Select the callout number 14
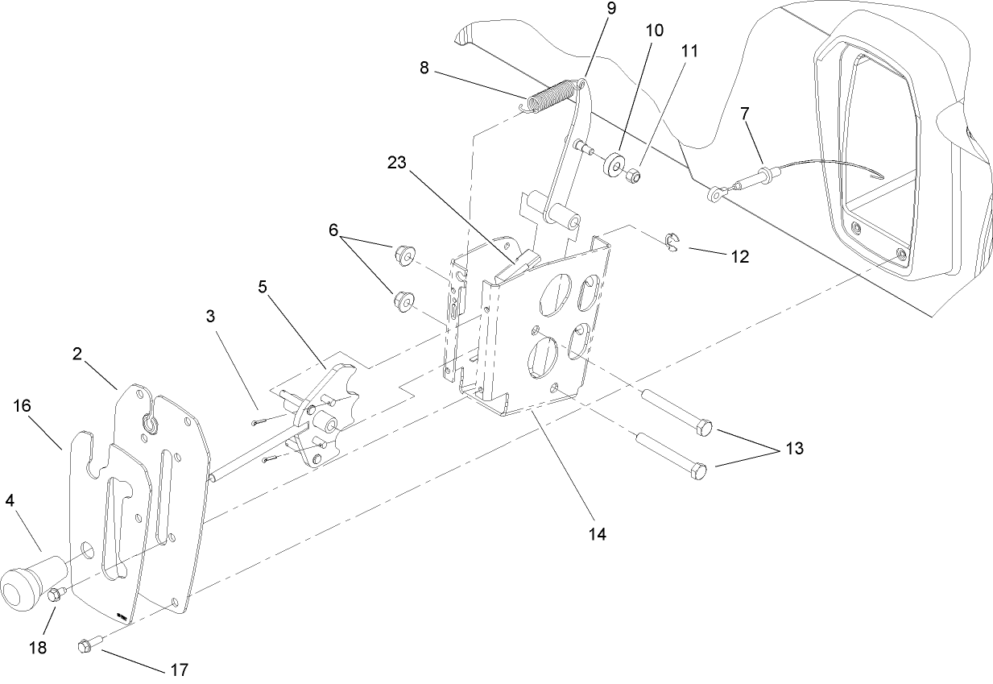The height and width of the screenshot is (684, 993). click(597, 533)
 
